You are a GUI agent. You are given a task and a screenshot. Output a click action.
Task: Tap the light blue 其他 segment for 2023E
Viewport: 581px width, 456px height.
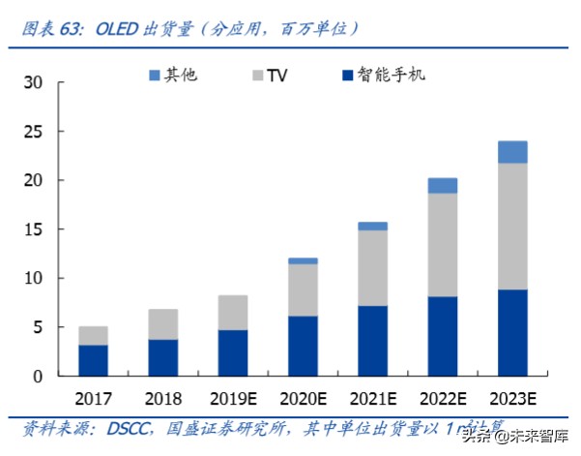512,152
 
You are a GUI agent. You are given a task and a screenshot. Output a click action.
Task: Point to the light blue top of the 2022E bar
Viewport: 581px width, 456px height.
443,185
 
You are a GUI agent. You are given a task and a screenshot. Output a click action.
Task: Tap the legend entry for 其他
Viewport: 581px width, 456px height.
174,75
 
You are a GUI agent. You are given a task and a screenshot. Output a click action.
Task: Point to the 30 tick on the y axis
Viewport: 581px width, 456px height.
33,82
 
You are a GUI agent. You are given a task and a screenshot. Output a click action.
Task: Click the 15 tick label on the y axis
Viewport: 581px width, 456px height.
33,229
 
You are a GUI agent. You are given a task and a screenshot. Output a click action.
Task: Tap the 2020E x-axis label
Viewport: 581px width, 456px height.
304,399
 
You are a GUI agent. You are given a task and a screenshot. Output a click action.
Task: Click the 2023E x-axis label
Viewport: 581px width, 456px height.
513,399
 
